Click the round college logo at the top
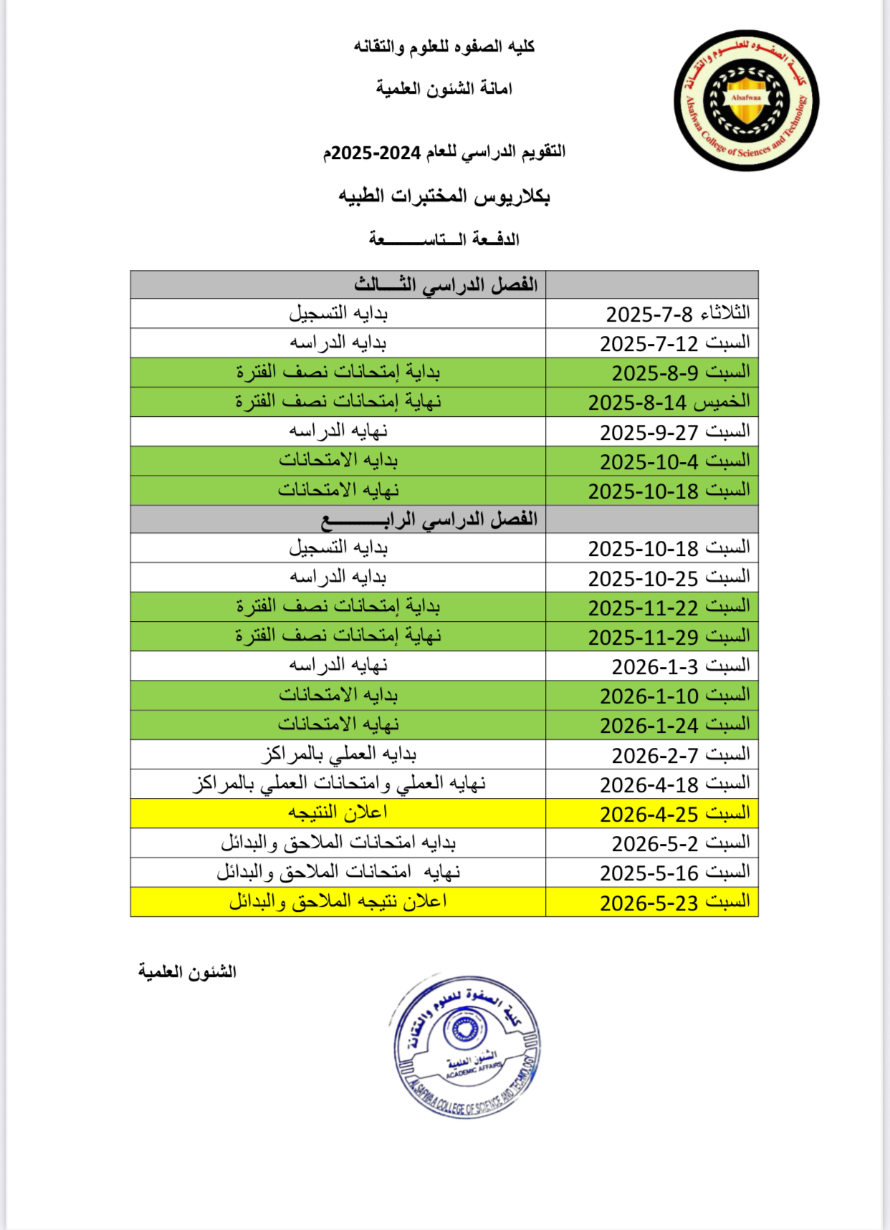(x=746, y=100)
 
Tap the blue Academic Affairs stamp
(x=466, y=1045)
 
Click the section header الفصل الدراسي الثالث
(x=445, y=284)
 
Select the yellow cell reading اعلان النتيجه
(x=338, y=813)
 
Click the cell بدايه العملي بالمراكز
(x=338, y=754)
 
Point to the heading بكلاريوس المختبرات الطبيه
(x=444, y=196)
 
